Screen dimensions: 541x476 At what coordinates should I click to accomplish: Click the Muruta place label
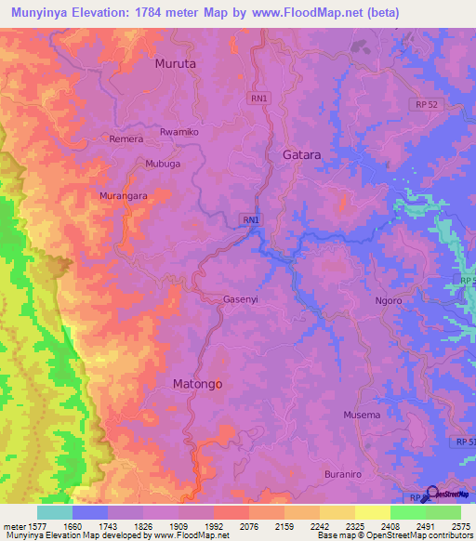click(175, 64)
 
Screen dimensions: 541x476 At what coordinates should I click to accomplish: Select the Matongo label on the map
click(197, 383)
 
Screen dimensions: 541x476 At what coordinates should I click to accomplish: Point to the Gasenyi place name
click(240, 299)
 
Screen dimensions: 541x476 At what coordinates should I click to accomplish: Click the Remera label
click(126, 139)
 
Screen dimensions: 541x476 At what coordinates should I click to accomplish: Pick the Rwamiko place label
click(179, 132)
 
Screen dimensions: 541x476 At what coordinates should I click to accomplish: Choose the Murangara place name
click(125, 196)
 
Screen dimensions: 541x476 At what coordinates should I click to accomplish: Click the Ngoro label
click(388, 301)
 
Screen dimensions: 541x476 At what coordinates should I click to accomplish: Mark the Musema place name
click(362, 415)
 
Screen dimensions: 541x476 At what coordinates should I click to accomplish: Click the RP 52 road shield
click(427, 105)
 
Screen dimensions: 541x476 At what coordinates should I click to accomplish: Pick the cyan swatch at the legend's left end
click(54, 512)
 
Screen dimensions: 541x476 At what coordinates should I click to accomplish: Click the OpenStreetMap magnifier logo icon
click(431, 493)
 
